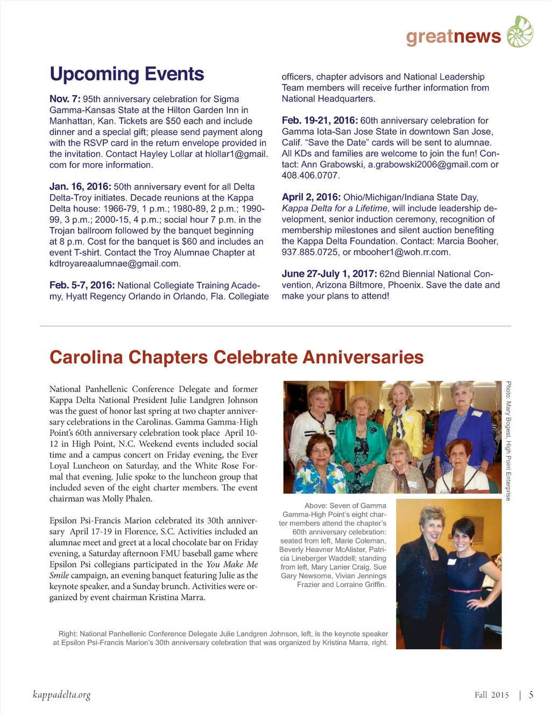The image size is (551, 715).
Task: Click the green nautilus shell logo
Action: tap(520, 32)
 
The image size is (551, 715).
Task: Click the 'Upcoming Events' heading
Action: tap(126, 74)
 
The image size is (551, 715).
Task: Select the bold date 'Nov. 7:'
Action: tap(65, 99)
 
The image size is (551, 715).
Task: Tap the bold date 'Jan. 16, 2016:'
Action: tap(80, 187)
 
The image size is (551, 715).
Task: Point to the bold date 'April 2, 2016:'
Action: tap(311, 197)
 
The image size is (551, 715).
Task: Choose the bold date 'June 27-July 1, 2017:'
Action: tap(329, 274)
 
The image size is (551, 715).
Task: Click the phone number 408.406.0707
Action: tap(310, 175)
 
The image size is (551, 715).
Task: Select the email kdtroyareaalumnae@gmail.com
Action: tap(114, 264)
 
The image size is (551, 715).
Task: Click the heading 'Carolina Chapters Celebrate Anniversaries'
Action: tap(236, 357)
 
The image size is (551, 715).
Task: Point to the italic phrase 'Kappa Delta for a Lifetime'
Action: tap(335, 208)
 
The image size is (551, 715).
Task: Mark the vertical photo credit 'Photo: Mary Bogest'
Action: tap(508, 409)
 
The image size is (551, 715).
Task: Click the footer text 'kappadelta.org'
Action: tap(61, 695)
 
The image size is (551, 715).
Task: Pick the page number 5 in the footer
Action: tap(531, 695)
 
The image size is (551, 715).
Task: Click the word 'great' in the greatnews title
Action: tap(429, 36)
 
